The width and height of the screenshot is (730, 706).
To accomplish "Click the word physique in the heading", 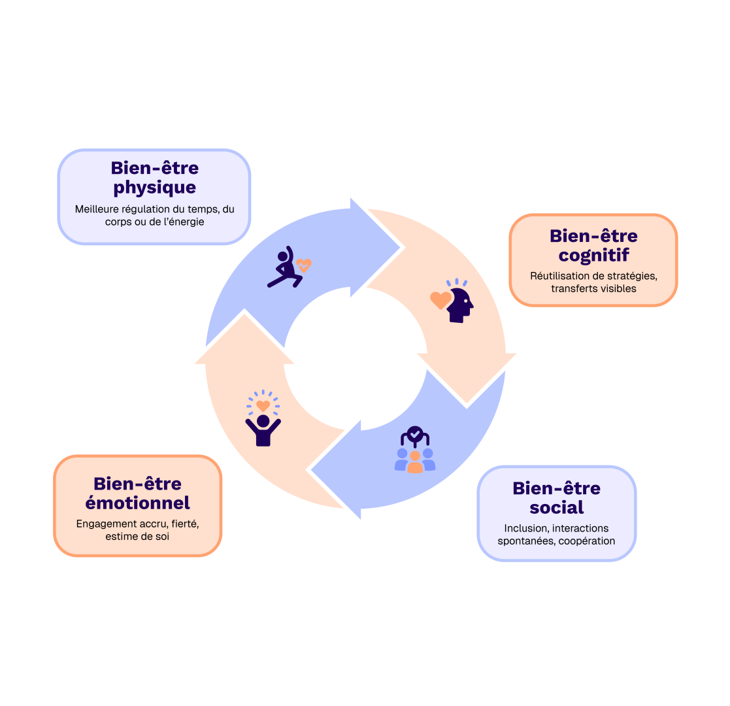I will (x=154, y=188).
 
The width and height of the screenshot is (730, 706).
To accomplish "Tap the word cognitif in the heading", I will (x=593, y=256).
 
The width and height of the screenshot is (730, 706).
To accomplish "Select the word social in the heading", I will (x=557, y=507).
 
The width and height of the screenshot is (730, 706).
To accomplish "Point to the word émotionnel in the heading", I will (x=138, y=503).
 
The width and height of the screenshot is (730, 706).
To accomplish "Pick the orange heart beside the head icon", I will (x=440, y=300).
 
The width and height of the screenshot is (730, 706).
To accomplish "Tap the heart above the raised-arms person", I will (x=263, y=406).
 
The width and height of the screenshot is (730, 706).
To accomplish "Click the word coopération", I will (x=587, y=541).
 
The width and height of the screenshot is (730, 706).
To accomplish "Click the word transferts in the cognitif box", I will (x=572, y=288).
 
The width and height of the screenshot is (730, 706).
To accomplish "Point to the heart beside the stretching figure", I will (x=303, y=265).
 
